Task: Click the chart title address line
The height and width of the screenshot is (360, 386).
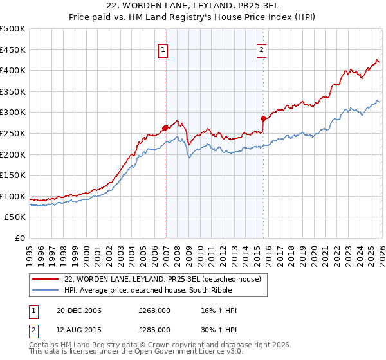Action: pyautogui.click(x=193, y=6)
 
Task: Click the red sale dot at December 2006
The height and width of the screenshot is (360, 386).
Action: pyautogui.click(x=165, y=127)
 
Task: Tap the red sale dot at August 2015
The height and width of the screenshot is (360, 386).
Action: pyautogui.click(x=263, y=118)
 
